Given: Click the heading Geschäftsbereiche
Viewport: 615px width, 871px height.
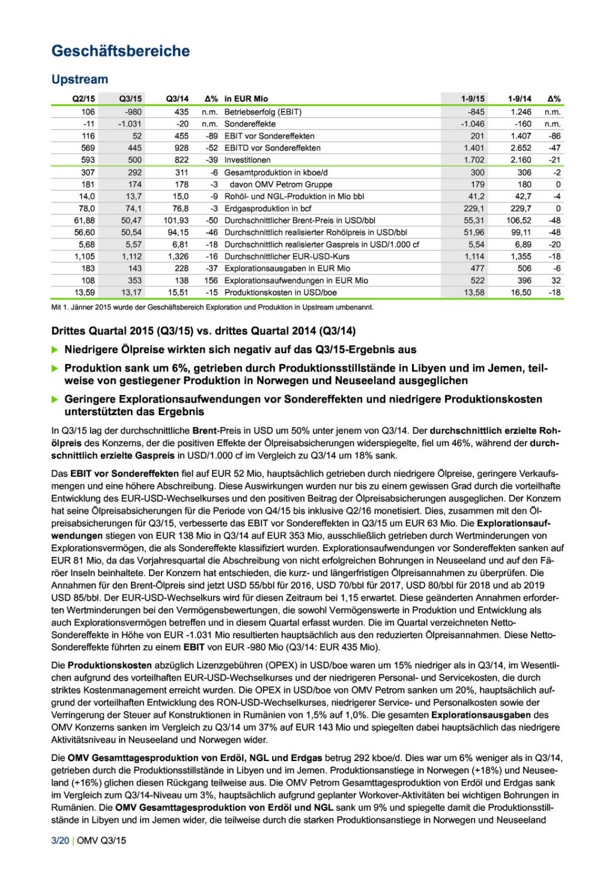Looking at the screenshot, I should click(121, 51).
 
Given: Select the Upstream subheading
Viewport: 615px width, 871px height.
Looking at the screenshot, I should click(80, 79).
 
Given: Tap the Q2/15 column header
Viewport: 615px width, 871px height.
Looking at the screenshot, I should click(83, 99).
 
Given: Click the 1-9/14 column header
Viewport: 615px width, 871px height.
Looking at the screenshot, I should click(520, 99).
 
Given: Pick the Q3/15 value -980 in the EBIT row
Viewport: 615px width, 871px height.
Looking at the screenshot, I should click(133, 112).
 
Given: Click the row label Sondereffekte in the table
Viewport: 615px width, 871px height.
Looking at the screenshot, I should click(250, 124).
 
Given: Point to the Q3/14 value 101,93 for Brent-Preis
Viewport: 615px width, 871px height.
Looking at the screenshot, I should click(176, 220).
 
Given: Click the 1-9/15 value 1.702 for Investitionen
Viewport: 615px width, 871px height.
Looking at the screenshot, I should click(474, 160).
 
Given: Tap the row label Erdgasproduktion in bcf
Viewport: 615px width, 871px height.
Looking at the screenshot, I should click(268, 208).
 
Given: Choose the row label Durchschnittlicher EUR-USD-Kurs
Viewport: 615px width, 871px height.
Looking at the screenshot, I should click(287, 256).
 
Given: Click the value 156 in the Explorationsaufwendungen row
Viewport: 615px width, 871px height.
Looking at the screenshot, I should click(211, 281).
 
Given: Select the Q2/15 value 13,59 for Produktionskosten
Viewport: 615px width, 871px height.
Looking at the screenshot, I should click(85, 293).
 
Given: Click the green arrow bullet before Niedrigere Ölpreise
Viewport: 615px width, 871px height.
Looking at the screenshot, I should click(55, 350).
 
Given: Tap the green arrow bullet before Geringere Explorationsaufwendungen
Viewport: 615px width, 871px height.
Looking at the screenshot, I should click(55, 400).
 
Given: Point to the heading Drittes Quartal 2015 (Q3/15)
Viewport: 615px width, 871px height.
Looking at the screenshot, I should click(204, 331).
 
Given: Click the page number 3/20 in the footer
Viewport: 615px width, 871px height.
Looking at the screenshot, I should click(60, 840).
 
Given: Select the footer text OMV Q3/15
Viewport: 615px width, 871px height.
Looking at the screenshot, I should click(101, 840).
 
